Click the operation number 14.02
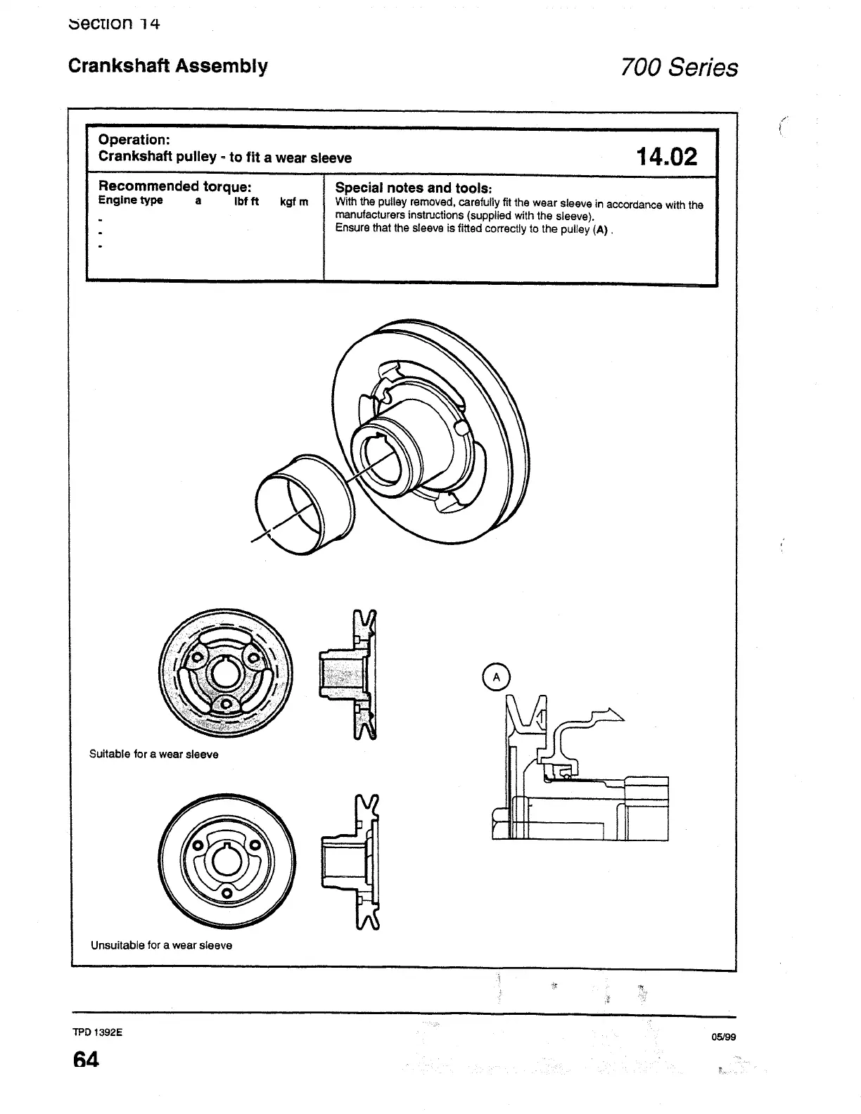click(666, 156)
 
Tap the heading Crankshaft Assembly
click(167, 66)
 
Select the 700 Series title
click(679, 68)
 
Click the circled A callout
click(497, 677)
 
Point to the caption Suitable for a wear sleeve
click(153, 755)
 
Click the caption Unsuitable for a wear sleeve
click(161, 945)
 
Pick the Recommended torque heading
click(175, 186)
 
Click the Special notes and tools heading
click(413, 188)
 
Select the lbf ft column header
click(246, 201)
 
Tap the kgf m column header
click(294, 202)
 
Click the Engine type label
click(130, 200)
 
